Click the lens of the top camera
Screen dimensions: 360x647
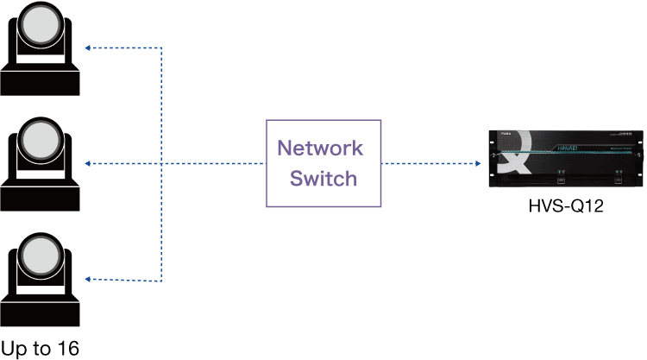[41, 29]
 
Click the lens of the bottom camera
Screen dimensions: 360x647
[41, 256]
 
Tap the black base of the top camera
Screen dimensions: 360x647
[41, 82]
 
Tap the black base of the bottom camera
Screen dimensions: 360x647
[41, 310]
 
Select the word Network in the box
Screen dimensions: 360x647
[320, 147]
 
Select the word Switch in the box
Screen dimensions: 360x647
[323, 179]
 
